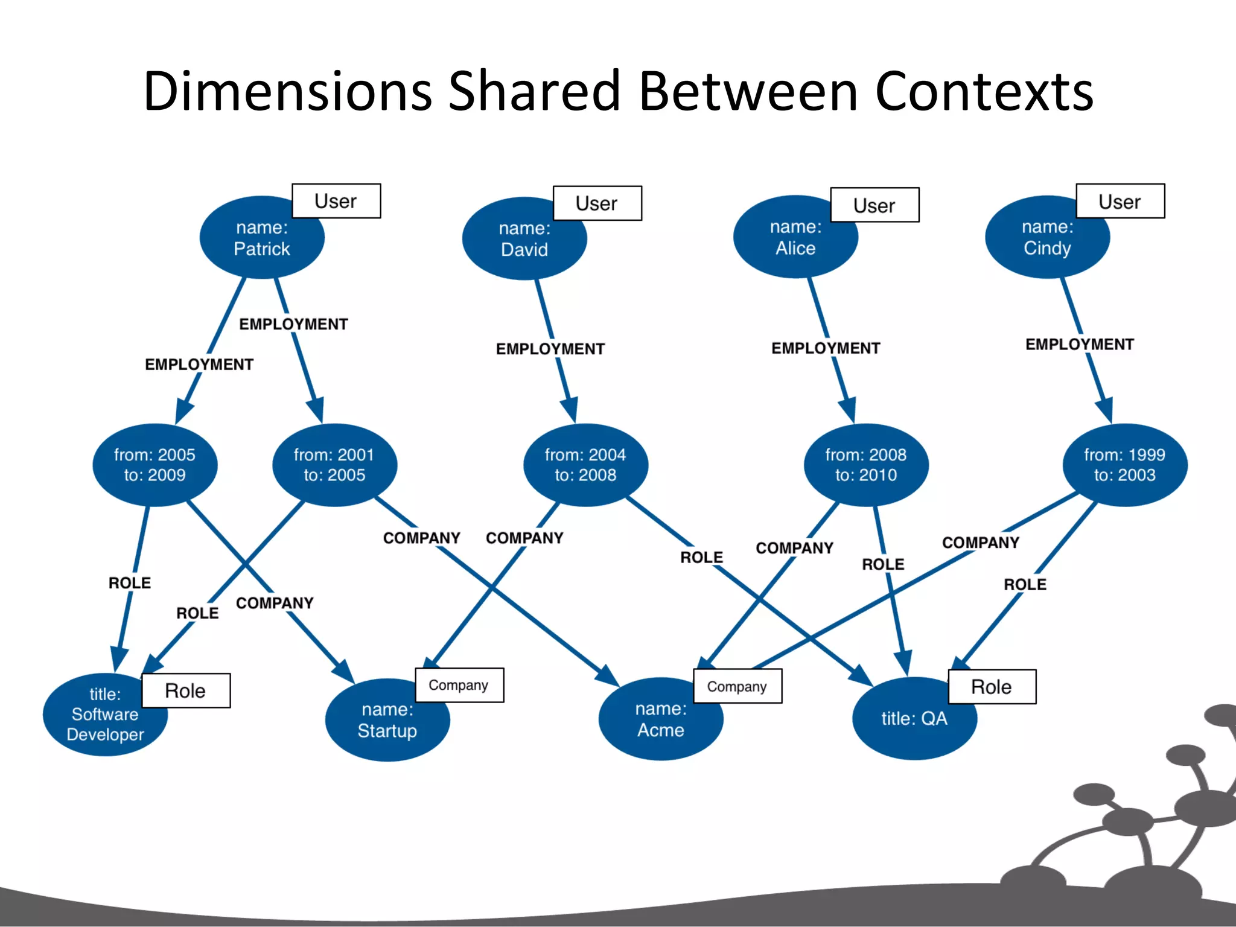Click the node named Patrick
pyautogui.click(x=261, y=238)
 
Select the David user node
pyautogui.click(x=524, y=239)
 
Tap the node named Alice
pyautogui.click(x=795, y=238)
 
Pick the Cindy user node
pyautogui.click(x=1047, y=238)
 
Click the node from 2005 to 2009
pyautogui.click(x=154, y=465)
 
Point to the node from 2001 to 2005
pyautogui.click(x=334, y=465)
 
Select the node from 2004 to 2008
pyautogui.click(x=585, y=465)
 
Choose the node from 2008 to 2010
pyautogui.click(x=866, y=465)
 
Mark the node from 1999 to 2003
pyautogui.click(x=1125, y=465)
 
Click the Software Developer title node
pyautogui.click(x=105, y=715)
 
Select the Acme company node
pyautogui.click(x=661, y=719)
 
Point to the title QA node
pyautogui.click(x=914, y=718)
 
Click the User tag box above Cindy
pyautogui.click(x=1120, y=201)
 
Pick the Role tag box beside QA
pyautogui.click(x=992, y=687)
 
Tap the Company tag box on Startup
pyautogui.click(x=459, y=685)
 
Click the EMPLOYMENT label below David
pyautogui.click(x=550, y=349)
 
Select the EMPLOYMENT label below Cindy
pyautogui.click(x=1080, y=345)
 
